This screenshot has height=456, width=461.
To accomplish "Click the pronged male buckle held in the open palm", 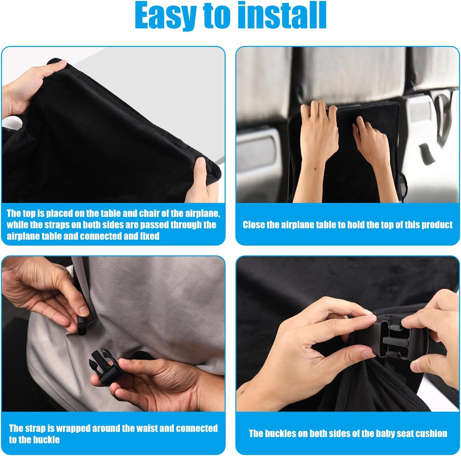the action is tap(104, 364).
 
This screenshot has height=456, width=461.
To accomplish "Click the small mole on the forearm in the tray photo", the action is tap(315, 169).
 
